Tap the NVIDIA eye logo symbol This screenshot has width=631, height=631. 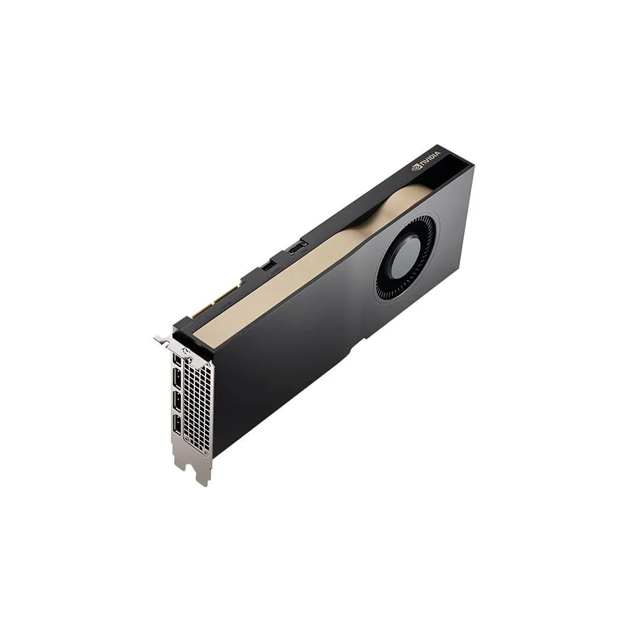(x=416, y=168)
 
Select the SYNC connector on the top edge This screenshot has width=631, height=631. (x=296, y=251)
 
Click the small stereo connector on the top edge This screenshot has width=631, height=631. (x=268, y=268)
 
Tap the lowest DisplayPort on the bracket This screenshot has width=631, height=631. (x=177, y=428)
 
